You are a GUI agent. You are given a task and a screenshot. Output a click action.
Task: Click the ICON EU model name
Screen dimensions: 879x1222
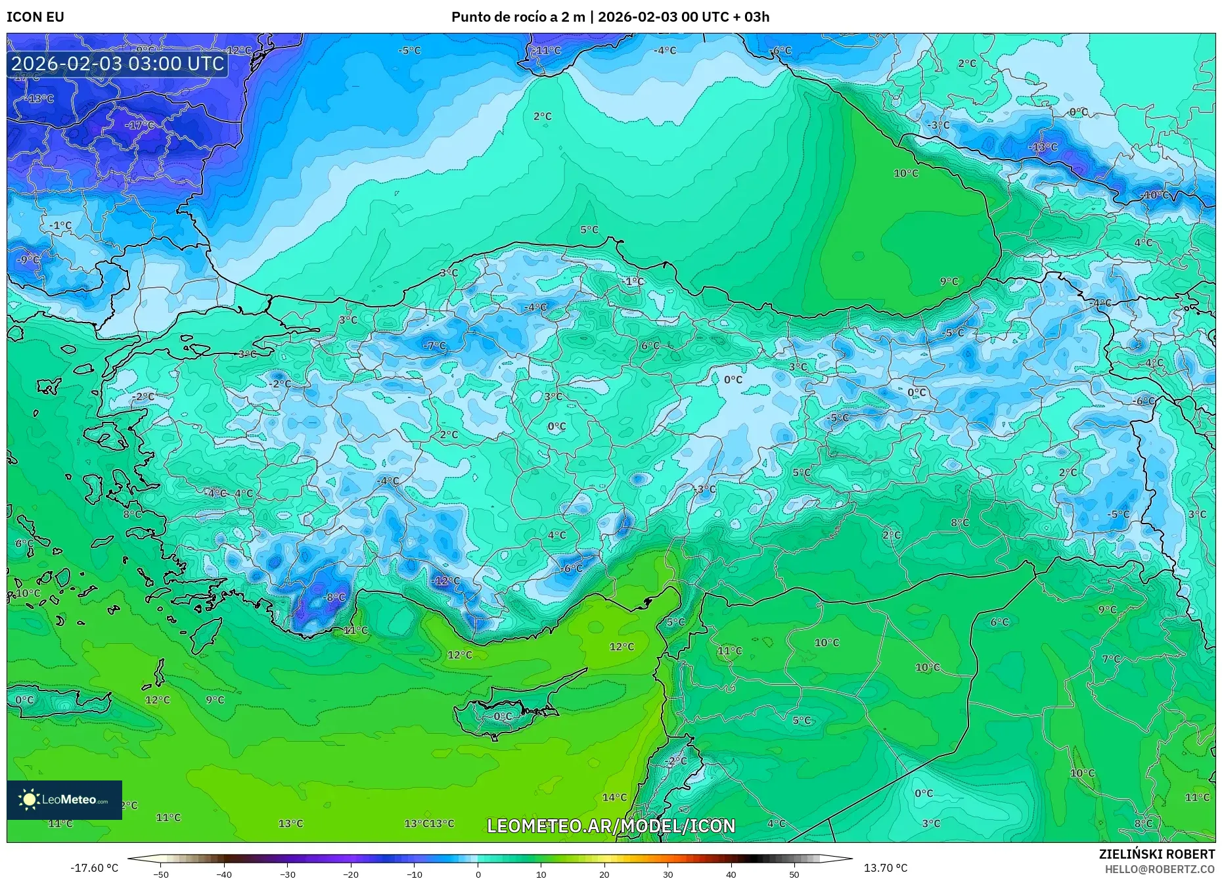35,17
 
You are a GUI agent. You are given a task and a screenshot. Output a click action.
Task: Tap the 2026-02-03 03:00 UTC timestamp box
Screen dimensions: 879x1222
118,64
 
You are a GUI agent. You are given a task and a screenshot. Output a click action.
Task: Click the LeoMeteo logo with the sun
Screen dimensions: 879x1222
64,800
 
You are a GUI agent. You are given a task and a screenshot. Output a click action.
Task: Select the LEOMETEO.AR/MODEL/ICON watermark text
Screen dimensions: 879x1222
611,826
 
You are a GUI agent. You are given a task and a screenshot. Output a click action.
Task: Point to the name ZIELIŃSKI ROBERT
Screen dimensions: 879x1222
1156,854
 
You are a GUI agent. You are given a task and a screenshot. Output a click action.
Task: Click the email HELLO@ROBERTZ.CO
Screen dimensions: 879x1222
1159,868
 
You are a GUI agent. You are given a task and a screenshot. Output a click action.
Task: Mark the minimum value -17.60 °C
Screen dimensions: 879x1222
95,868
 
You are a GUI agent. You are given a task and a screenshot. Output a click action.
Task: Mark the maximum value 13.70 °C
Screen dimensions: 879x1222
885,868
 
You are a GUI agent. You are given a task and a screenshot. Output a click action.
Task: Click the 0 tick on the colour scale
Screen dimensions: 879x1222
478,874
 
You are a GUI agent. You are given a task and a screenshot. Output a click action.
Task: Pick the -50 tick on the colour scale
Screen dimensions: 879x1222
161,874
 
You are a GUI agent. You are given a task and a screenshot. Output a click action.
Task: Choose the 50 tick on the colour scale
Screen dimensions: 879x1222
794,874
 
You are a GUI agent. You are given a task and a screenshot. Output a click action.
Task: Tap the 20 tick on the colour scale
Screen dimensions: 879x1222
604,874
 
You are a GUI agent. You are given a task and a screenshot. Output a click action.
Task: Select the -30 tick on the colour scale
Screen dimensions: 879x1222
288,874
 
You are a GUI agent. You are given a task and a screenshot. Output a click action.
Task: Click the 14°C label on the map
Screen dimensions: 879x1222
614,798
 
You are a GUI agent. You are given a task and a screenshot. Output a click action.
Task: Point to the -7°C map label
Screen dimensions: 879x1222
434,346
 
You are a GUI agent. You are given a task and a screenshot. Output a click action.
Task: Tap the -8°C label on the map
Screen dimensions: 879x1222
335,597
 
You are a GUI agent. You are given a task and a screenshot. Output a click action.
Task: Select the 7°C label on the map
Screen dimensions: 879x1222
1111,659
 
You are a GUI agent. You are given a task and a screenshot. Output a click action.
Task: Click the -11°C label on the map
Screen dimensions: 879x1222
547,51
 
